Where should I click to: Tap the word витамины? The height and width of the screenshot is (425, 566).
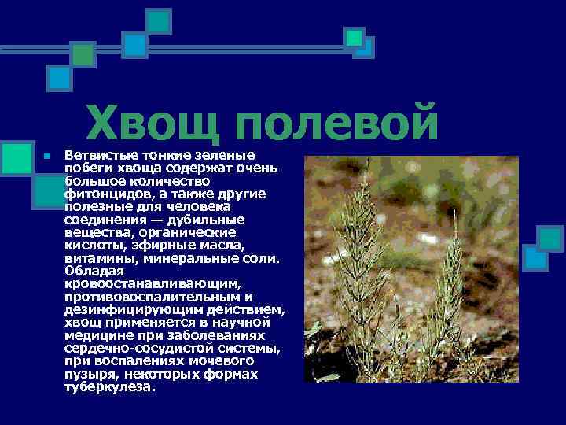click(x=94, y=257)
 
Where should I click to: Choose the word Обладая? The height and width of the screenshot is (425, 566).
click(x=92, y=270)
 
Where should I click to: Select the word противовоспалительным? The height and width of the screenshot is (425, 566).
click(x=148, y=296)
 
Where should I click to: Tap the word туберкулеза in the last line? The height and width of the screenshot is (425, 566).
click(x=109, y=387)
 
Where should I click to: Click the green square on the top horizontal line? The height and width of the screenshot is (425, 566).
click(x=83, y=53)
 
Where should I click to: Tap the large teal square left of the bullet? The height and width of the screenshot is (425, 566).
click(x=17, y=157)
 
